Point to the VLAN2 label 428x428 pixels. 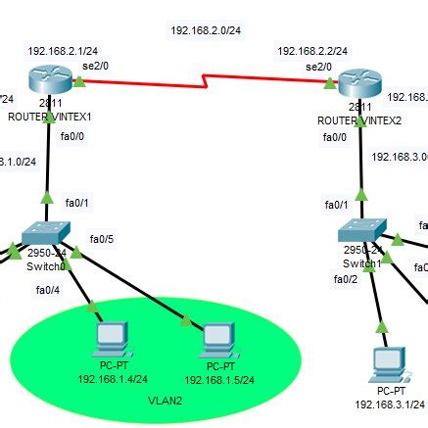[x=165, y=401]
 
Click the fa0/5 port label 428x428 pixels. [x=102, y=239]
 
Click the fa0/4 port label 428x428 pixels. [x=48, y=289]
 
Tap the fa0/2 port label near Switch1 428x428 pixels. [x=346, y=279]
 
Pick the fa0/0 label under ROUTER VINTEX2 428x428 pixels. [x=335, y=137]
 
